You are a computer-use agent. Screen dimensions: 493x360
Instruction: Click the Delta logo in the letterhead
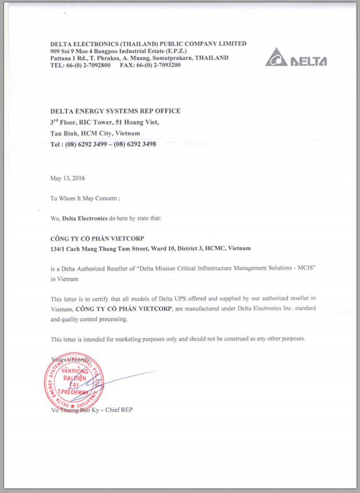coord(296,57)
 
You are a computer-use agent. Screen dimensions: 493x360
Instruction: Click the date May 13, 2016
coord(67,178)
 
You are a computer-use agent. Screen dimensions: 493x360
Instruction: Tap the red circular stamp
coord(74,383)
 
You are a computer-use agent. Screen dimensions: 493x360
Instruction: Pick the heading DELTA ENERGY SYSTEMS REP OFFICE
coord(116,111)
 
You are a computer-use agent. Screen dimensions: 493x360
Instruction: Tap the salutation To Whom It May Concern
coord(84,198)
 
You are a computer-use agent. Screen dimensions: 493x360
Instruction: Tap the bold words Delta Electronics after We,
coord(85,218)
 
